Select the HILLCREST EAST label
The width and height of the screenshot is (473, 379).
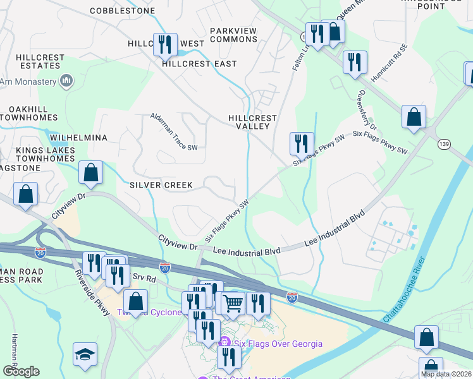point(199,64)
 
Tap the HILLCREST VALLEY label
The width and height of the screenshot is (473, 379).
point(253,122)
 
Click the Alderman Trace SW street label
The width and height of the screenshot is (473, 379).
point(174,131)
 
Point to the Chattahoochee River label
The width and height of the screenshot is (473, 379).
point(405,289)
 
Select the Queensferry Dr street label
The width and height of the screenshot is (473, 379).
point(367,110)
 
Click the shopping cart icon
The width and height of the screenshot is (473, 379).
point(233,304)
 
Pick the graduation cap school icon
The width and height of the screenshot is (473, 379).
point(85,355)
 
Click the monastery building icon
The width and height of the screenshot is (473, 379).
point(66,81)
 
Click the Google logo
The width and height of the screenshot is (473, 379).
point(20,371)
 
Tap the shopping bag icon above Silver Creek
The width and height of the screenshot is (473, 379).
point(91,172)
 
